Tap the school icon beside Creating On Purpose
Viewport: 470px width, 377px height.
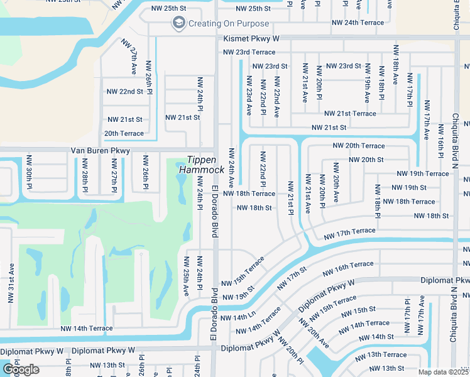pyautogui.click(x=178, y=24)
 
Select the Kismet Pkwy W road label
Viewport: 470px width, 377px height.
pyautogui.click(x=251, y=38)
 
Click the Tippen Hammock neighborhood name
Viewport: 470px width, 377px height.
pyautogui.click(x=202, y=165)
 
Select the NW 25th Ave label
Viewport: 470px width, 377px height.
pyautogui.click(x=186, y=276)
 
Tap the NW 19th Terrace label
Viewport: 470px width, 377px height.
pyautogui.click(x=423, y=173)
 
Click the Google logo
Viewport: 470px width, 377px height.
pyautogui.click(x=21, y=369)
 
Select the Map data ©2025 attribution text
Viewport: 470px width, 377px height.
pyautogui.click(x=444, y=372)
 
